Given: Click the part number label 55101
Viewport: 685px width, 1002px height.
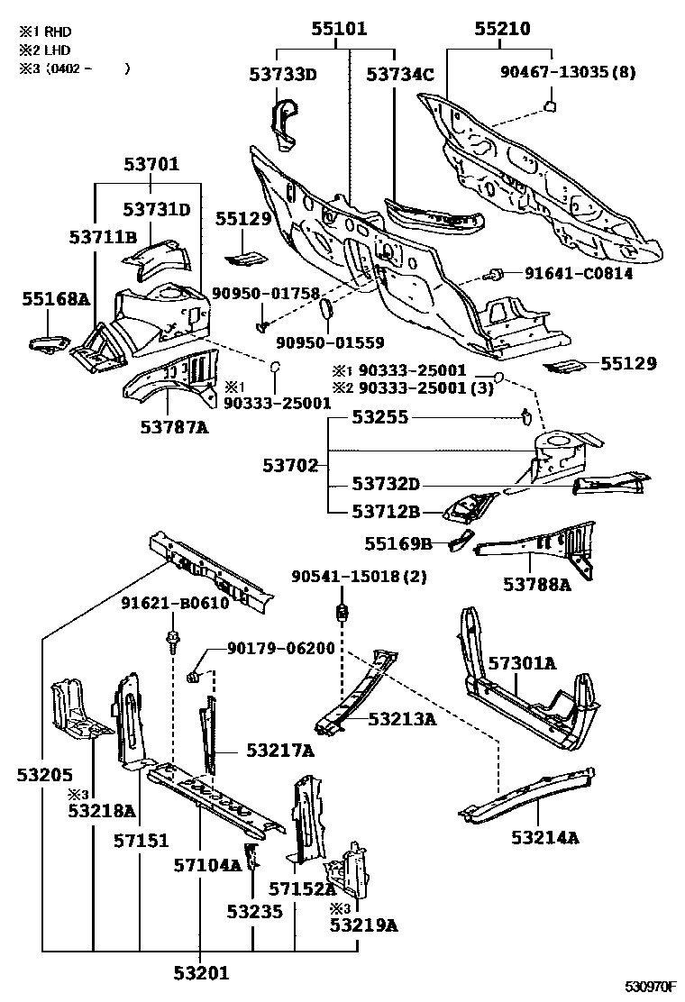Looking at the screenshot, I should pyautogui.click(x=339, y=30).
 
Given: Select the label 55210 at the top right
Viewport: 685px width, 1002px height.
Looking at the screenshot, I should pyautogui.click(x=502, y=30).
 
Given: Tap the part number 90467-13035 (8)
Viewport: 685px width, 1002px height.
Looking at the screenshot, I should pyautogui.click(x=569, y=72).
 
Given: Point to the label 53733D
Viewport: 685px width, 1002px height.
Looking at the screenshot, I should pyautogui.click(x=283, y=75).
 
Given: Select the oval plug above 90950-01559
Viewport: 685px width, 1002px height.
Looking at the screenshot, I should pyautogui.click(x=326, y=310).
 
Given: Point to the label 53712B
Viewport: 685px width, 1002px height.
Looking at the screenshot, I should pyautogui.click(x=387, y=512).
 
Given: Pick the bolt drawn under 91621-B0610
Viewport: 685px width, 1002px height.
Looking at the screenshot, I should pyautogui.click(x=170, y=642).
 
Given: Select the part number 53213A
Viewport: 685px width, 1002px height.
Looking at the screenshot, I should pyautogui.click(x=402, y=718).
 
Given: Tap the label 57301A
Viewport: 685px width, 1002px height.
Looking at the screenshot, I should pyautogui.click(x=522, y=664).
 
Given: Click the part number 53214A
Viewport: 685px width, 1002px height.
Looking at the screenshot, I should pyautogui.click(x=544, y=837).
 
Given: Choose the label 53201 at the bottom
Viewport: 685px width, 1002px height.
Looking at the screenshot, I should pyautogui.click(x=201, y=972).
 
